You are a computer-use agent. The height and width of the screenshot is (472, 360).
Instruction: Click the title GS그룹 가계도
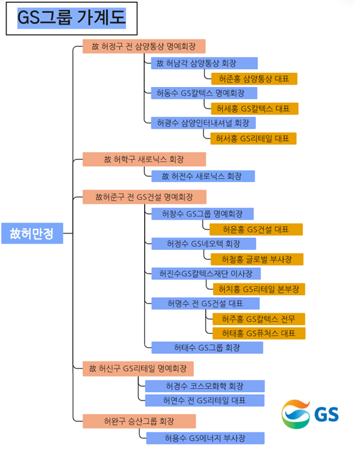pos(71,18)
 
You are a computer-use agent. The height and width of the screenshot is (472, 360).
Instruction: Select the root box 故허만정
pos(32,233)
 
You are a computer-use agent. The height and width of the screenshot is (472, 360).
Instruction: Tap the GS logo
pos(310,414)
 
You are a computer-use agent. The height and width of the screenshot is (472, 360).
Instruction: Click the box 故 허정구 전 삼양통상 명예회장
pos(144,46)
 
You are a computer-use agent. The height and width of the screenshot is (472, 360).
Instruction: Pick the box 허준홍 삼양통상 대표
pos(254,79)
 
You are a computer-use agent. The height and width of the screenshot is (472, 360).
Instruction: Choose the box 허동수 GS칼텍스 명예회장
pos(204,93)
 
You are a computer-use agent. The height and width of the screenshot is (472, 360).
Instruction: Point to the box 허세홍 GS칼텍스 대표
pos(255,109)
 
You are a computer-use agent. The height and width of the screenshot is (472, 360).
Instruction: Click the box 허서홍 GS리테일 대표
pos(253,138)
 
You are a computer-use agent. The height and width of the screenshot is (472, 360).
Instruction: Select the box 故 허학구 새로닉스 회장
pos(144,159)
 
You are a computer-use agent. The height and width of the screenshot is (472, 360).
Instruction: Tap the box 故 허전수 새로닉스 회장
pos(203,176)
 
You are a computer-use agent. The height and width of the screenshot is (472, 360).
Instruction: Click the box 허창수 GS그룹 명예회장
pos(202,214)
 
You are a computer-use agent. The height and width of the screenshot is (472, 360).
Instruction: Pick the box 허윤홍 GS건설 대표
pos(256,229)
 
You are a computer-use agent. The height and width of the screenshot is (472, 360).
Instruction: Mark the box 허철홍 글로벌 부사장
pos(257,259)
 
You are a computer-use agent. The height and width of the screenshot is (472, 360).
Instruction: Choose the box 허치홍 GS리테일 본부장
pos(259,289)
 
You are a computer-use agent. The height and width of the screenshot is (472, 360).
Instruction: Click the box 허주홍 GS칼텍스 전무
pos(259,319)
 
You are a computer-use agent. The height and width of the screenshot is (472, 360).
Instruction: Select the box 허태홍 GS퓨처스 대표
pos(259,334)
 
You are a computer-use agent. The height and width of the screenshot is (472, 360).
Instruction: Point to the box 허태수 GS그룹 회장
pos(207,348)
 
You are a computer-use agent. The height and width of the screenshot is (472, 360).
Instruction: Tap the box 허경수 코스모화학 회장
pos(205,386)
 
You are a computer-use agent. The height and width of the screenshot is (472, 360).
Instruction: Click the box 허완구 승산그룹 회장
pos(139,421)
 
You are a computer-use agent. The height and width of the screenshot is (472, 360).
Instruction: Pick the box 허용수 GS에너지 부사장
pos(205,438)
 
